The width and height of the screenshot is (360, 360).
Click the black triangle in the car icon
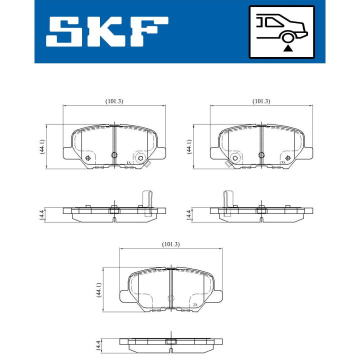(x=287, y=48)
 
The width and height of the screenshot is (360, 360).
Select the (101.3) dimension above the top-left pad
(x=114, y=101)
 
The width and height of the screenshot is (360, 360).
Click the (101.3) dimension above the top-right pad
(x=261, y=101)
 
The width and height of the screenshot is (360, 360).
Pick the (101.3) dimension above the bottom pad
(x=170, y=244)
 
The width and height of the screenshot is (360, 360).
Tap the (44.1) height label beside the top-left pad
(x=43, y=147)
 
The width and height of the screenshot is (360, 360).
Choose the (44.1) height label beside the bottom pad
(x=99, y=290)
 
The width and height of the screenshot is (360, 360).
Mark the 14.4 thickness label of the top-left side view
(x=42, y=214)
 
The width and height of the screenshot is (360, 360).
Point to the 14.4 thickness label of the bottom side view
(x=98, y=344)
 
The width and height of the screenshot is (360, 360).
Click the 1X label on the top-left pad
(x=128, y=163)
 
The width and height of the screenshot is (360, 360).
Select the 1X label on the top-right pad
(x=283, y=162)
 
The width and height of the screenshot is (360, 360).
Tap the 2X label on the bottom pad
(x=195, y=305)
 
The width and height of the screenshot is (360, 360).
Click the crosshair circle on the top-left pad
(x=88, y=158)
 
